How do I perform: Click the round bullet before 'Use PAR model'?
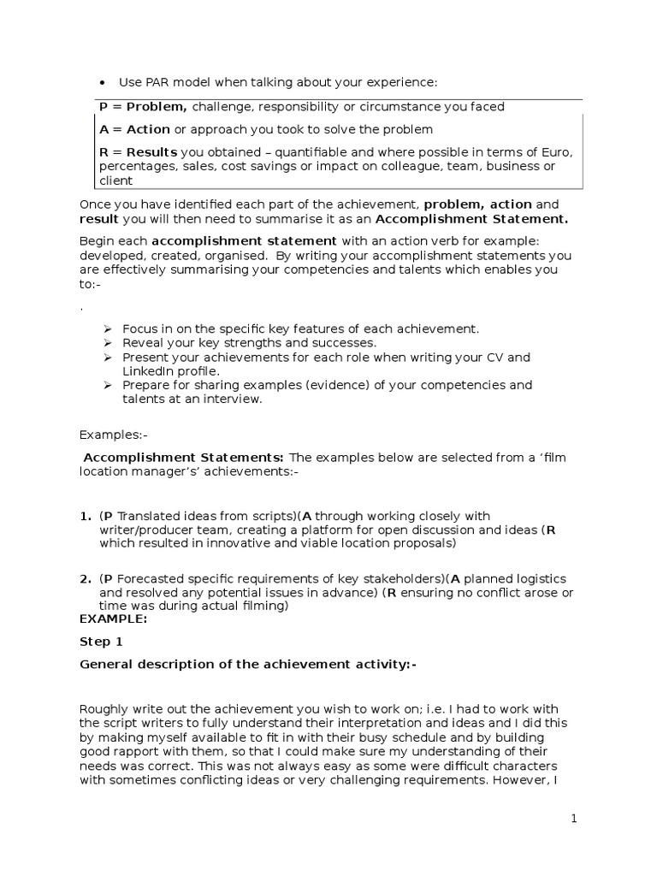coord(102,82)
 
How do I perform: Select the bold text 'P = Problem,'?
coord(143,107)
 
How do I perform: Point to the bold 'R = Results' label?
coord(139,152)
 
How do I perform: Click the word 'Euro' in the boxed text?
coord(556,152)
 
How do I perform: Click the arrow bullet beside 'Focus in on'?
coord(108,329)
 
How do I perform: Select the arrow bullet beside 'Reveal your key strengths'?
coord(108,343)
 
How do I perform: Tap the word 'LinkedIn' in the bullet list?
coord(148,371)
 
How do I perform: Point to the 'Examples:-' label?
coord(113,435)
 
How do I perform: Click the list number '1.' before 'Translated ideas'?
coord(86,516)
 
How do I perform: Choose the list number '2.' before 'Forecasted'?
coord(86,580)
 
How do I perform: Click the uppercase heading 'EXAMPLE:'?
coord(113,619)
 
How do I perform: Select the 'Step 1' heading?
coord(101,642)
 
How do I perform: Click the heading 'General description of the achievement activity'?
coord(247,665)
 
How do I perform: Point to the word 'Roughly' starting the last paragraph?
coord(103,708)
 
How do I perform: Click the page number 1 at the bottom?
coord(574,819)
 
